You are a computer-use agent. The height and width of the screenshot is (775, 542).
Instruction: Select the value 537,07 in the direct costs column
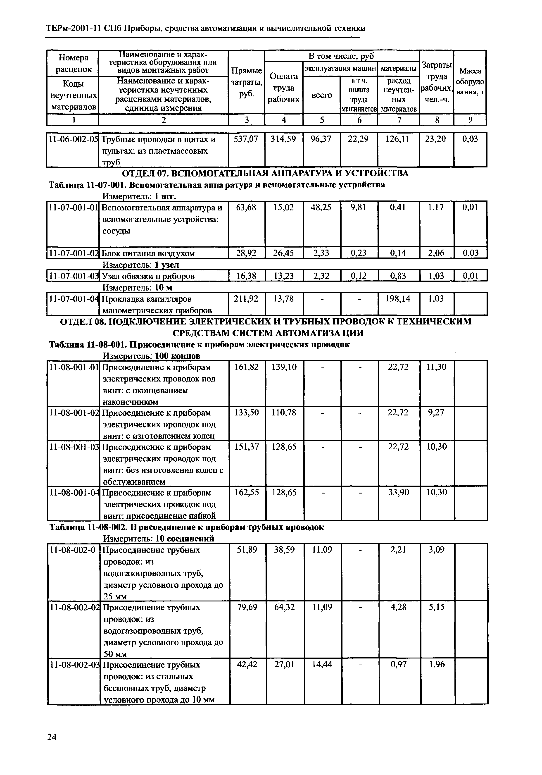(x=246, y=139)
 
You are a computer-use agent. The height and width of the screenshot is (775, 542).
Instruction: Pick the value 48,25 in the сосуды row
(x=321, y=207)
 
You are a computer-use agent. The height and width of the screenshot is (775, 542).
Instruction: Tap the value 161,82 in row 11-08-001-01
(x=246, y=367)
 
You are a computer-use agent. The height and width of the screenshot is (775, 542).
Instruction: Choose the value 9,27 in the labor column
(x=436, y=413)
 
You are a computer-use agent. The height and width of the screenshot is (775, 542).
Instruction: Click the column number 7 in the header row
(x=399, y=120)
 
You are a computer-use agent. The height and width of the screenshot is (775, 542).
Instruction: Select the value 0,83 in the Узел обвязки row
(x=398, y=276)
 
